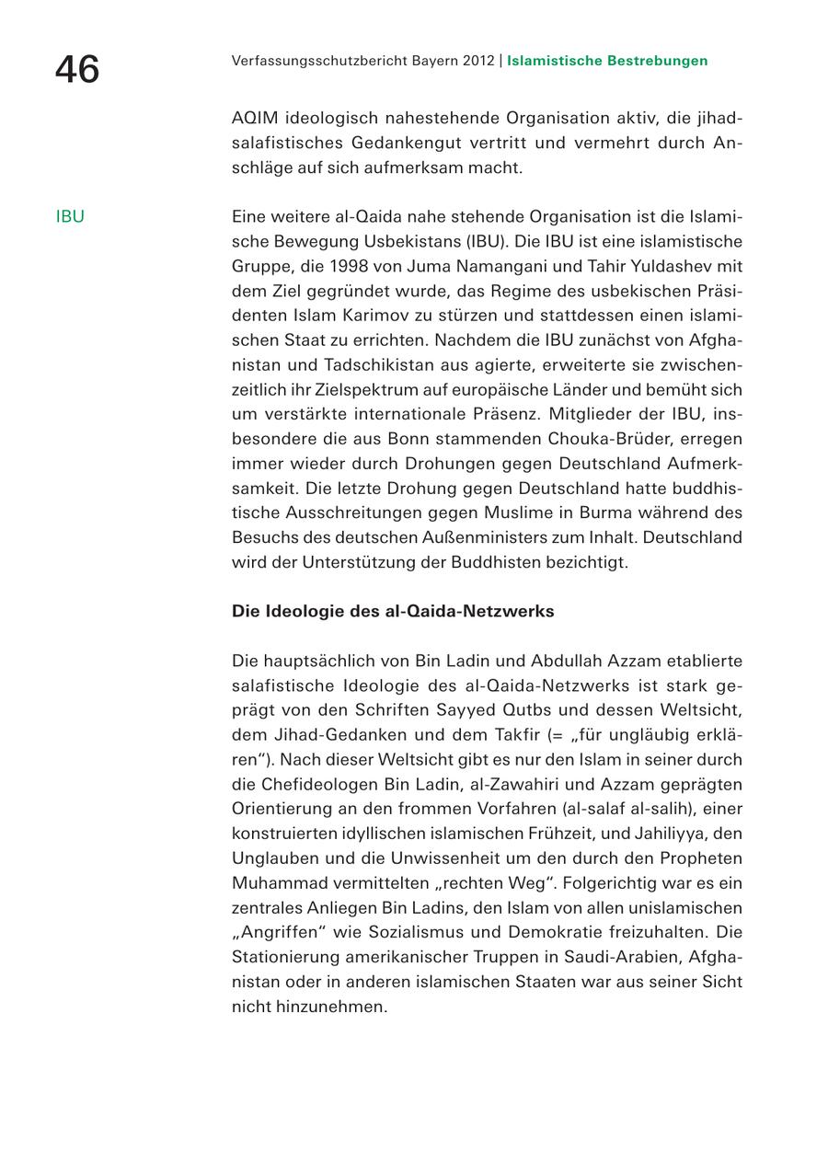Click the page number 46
pos(77,69)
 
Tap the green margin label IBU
pos(70,217)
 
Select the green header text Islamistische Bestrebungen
pos(607,61)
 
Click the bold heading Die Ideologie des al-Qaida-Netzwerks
pos(393,611)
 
